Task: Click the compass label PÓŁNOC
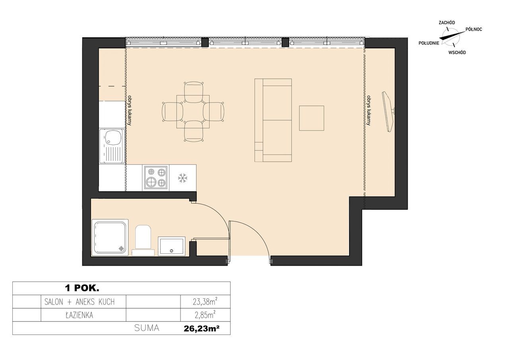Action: click(474, 29)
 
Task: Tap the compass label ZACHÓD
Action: click(447, 23)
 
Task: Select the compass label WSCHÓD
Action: click(457, 53)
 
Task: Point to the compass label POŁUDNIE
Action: click(429, 43)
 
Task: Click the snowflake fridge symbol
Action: click(182, 178)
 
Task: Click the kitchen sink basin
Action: click(112, 138)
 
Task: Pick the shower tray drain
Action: click(122, 249)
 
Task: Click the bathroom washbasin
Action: click(171, 246)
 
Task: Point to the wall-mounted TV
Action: click(389, 112)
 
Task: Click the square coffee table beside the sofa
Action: click(311, 118)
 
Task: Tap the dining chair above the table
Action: click(193, 92)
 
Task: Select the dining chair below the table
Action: click(193, 131)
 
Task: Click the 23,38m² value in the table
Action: click(205, 302)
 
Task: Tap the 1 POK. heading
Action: click(82, 288)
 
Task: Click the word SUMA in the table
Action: click(147, 328)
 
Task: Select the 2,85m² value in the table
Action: click(205, 315)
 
